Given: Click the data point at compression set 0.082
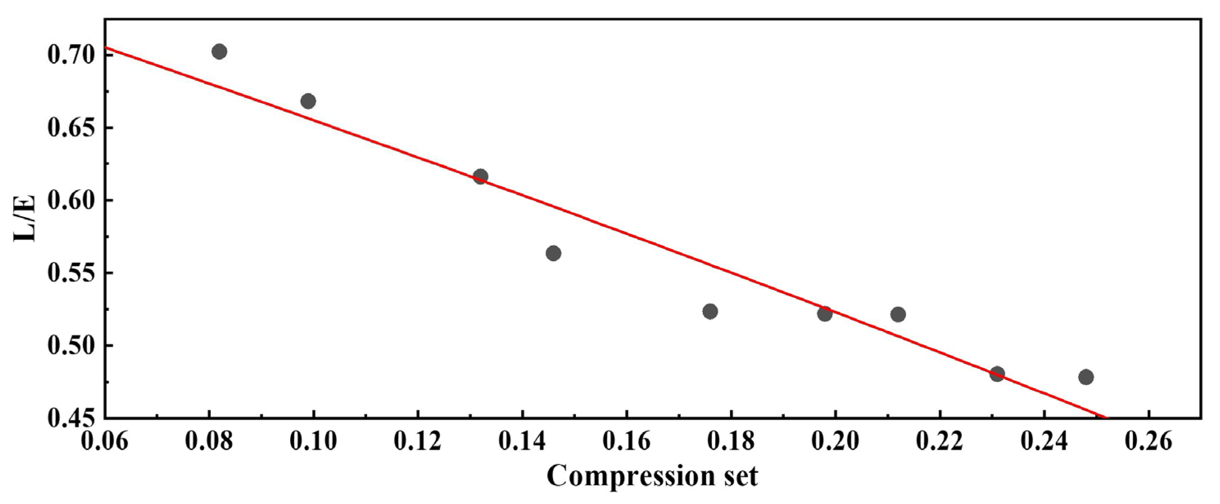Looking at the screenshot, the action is point(219,52).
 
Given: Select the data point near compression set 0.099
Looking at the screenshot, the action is point(308,101).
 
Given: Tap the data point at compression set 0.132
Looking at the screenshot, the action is point(480,177).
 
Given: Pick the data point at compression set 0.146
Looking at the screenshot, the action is point(553,253).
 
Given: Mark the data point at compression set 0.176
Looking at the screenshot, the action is point(710,311).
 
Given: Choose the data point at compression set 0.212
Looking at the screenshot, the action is point(898,314).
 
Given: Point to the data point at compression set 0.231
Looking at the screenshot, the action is point(997,374).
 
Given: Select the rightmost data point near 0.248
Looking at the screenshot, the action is point(1086,377).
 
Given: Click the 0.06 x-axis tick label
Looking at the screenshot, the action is point(105,441).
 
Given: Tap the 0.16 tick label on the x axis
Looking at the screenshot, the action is point(627,441).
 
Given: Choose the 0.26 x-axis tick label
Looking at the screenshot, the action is point(1148,441).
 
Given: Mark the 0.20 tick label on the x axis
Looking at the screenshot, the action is point(835,441).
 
